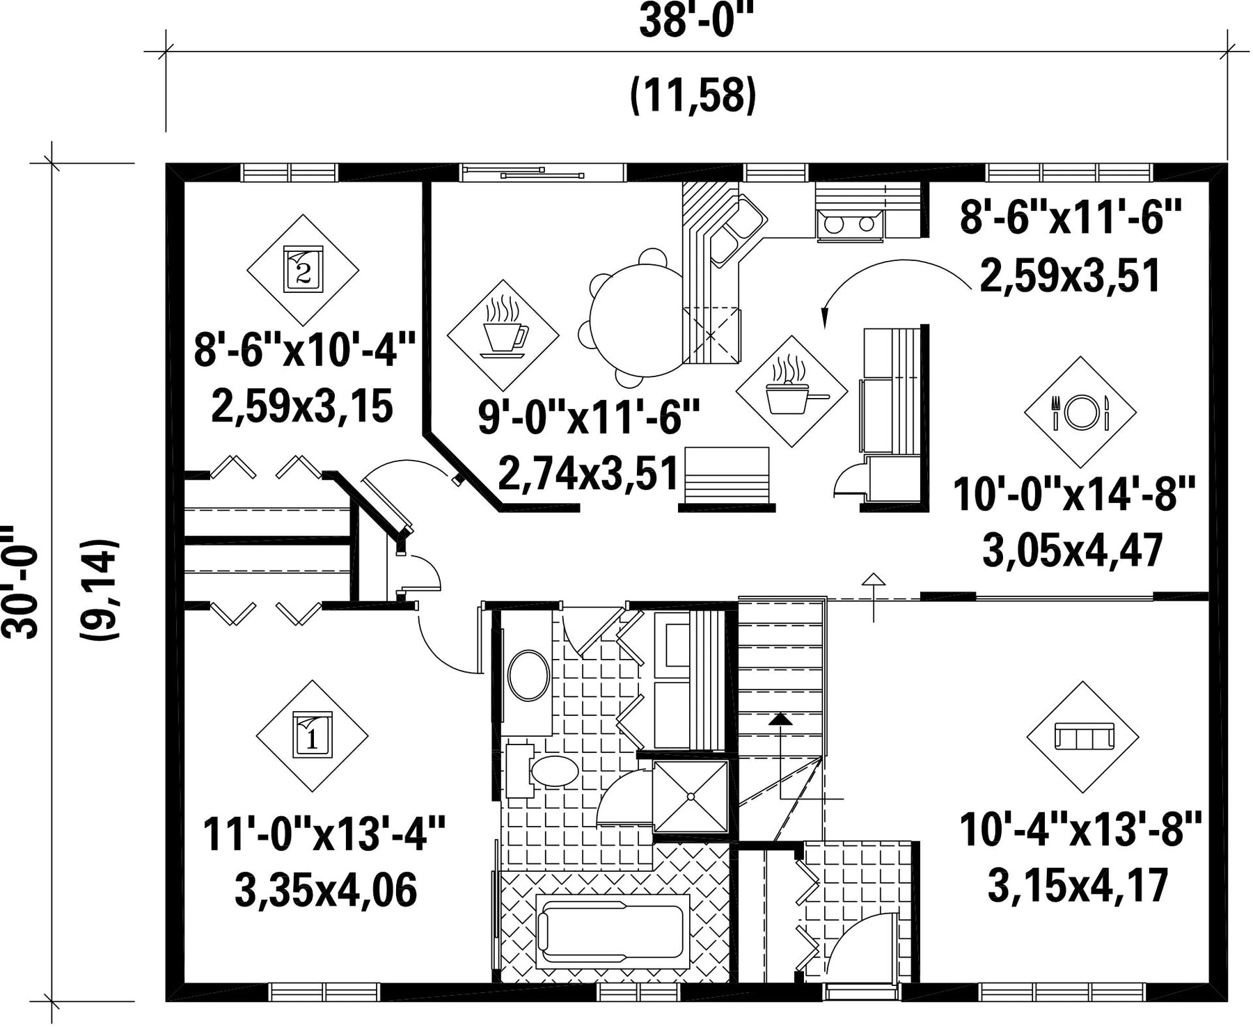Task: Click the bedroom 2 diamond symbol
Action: [304, 270]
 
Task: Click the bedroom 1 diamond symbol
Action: [312, 736]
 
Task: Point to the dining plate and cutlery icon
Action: [1080, 412]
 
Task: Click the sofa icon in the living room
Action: [1083, 735]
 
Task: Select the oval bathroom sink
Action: [529, 675]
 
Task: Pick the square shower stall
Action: [691, 796]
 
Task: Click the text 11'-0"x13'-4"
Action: [324, 834]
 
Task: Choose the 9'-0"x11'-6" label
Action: [589, 417]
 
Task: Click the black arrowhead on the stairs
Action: [780, 719]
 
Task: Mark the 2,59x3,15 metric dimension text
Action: [302, 406]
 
